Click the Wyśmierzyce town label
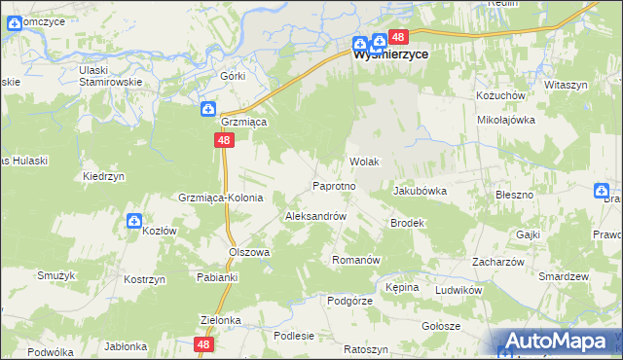390,56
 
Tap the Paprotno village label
339,185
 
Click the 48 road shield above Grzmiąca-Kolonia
225,141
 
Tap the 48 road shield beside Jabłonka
202,344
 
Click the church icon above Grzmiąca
208,109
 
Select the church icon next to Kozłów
134,223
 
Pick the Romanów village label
355,261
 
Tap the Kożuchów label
500,96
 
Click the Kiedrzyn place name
105,177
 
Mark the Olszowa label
248,251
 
